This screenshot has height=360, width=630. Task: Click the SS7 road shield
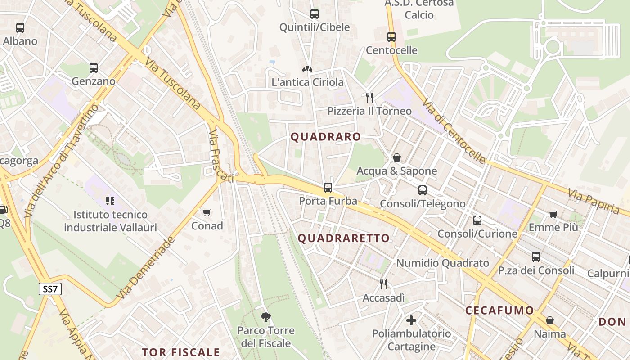point(50,289)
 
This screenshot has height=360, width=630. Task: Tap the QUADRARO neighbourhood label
point(326,137)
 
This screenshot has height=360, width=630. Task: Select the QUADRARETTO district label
point(344,238)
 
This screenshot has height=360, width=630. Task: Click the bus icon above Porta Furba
point(328,188)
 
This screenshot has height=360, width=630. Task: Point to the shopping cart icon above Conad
point(207,212)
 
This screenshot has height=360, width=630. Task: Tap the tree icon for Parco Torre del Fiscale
point(266,317)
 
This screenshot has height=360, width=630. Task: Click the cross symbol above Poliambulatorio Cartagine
point(411,320)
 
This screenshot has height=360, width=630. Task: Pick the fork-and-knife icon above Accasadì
point(383,284)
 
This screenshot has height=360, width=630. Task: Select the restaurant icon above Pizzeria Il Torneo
point(369,98)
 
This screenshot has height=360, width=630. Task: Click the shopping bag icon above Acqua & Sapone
point(397,157)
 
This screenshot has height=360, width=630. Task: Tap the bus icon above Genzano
point(94,68)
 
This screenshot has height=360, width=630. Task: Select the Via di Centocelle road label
point(454,130)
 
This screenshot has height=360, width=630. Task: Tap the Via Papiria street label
point(594,201)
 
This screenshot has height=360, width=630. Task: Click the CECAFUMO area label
point(499,310)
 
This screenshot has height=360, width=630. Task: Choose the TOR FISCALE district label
point(181,352)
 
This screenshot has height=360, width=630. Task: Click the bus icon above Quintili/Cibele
point(315,14)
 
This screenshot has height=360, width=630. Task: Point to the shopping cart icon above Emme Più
point(553,215)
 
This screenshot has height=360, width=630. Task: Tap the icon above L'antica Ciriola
point(307,69)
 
